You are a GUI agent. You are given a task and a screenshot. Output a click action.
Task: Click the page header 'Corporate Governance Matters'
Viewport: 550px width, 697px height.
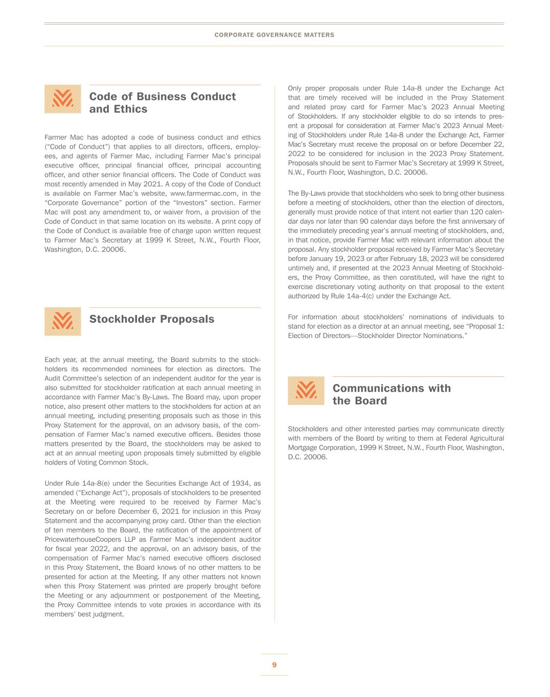click(274, 35)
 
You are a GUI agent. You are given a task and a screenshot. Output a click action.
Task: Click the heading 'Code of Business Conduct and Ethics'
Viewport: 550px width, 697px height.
click(162, 103)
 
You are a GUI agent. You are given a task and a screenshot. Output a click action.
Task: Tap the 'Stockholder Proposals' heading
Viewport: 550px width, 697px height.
click(151, 319)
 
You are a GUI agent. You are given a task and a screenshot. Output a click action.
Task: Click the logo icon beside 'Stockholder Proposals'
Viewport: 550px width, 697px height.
click(62, 321)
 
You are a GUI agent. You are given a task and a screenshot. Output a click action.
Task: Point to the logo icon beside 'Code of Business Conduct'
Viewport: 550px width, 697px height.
click(62, 99)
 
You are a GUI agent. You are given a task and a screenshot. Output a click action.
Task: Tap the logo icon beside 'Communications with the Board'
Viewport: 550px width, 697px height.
click(306, 391)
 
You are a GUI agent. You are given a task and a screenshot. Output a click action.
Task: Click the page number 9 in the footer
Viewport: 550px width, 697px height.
click(274, 664)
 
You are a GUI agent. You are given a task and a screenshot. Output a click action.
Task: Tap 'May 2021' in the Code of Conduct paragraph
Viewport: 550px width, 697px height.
click(145, 184)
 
